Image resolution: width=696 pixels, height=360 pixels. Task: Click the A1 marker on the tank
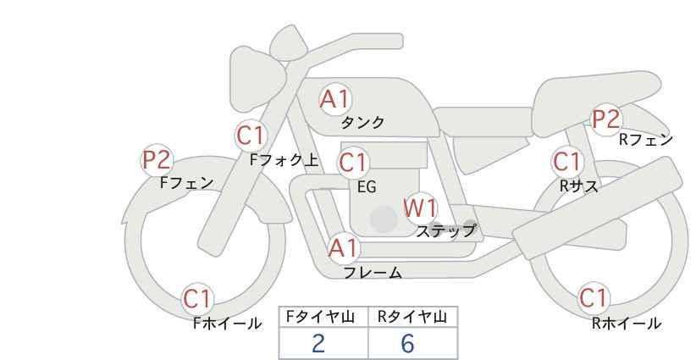tap(335, 99)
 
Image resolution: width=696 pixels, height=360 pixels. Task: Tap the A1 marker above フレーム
tap(343, 248)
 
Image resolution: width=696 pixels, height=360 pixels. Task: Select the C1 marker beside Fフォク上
tap(251, 136)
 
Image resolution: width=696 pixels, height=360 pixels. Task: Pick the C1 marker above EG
tap(353, 163)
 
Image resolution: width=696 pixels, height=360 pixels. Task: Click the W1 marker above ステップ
tap(420, 208)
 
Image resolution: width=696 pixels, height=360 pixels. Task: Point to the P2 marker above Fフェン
tap(157, 160)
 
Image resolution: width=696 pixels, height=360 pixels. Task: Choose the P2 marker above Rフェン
tap(606, 119)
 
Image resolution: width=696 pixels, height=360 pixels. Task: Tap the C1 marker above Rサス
tap(567, 162)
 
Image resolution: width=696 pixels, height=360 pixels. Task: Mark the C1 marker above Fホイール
tap(197, 299)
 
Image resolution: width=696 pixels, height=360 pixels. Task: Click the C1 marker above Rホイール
tap(594, 298)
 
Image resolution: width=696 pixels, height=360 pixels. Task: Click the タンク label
tap(362, 123)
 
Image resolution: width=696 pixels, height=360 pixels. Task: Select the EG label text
tap(367, 187)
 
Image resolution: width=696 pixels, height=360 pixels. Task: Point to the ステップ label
tap(445, 231)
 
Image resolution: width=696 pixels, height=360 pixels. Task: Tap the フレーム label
tap(373, 273)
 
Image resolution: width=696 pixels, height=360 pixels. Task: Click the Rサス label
tap(578, 186)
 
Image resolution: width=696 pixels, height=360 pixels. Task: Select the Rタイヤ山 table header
tap(412, 317)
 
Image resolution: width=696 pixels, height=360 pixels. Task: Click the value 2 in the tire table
tap(318, 343)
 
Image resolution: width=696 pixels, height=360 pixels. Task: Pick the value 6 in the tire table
tap(407, 343)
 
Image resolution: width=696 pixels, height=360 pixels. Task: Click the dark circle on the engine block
tap(384, 219)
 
